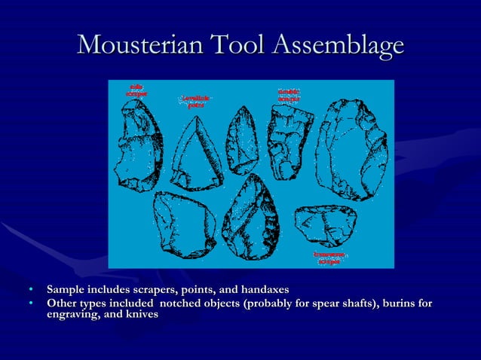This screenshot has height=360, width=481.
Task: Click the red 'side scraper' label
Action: pyautogui.click(x=136, y=90)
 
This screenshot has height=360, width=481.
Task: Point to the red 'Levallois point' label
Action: pyautogui.click(x=196, y=102)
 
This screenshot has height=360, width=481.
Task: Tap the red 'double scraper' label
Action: pyautogui.click(x=289, y=95)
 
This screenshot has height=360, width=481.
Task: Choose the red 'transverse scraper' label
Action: pyautogui.click(x=329, y=258)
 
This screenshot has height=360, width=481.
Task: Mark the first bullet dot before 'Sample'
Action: pyautogui.click(x=31, y=290)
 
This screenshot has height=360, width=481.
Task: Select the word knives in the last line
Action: pyautogui.click(x=142, y=315)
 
